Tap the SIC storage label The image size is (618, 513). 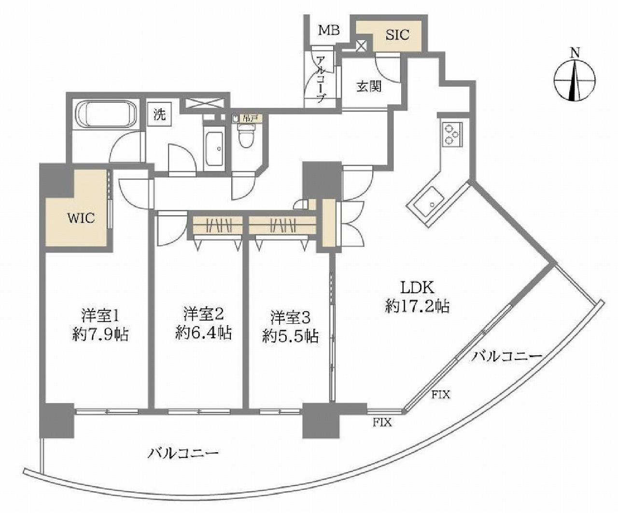pos(398,34)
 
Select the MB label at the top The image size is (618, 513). pos(329,30)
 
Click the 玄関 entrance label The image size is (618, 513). pos(369,86)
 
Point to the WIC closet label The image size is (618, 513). pos(81,218)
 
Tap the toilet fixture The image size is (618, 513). pos(247,135)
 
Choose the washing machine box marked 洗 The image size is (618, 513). pos(160,115)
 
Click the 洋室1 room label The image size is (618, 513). pos(100,316)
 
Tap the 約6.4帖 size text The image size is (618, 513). pos(203,333)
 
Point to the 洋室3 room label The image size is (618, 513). pos(290,318)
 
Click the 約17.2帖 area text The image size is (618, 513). pos(418,306)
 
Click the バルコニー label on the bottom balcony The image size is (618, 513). pos(183,453)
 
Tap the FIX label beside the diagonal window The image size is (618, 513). pos(440,395)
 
